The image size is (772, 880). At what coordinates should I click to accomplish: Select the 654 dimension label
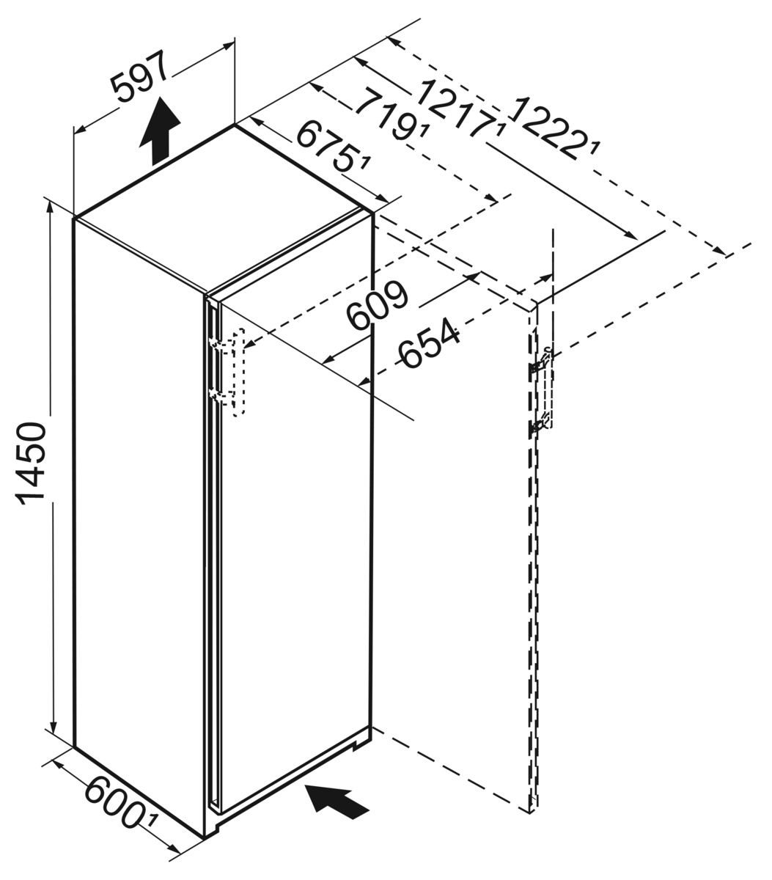coord(430,342)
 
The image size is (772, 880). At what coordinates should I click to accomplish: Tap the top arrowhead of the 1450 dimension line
coord(51,208)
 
